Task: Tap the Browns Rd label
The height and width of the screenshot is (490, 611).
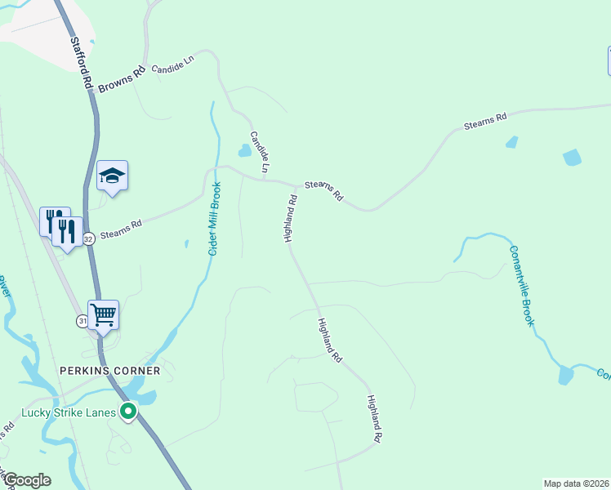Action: pyautogui.click(x=121, y=78)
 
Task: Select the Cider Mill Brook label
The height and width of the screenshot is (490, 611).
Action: pyautogui.click(x=215, y=223)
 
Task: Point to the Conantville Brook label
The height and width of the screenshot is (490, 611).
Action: pyautogui.click(x=522, y=286)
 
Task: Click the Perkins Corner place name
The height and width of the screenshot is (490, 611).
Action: pyautogui.click(x=109, y=370)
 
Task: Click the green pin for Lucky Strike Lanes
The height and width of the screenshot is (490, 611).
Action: pyautogui.click(x=127, y=412)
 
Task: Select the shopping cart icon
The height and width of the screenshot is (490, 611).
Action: pyautogui.click(x=103, y=314)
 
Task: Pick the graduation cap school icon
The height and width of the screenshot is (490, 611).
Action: pyautogui.click(x=113, y=176)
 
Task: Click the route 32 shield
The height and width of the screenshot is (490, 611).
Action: pyautogui.click(x=88, y=238)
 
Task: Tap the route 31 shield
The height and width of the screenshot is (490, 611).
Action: pyautogui.click(x=83, y=321)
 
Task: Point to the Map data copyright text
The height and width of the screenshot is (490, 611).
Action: pyautogui.click(x=576, y=483)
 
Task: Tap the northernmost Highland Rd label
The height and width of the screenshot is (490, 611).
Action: pyautogui.click(x=290, y=218)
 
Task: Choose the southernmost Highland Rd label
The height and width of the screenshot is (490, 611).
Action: pyautogui.click(x=375, y=419)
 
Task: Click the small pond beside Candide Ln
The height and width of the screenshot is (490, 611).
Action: pyautogui.click(x=244, y=150)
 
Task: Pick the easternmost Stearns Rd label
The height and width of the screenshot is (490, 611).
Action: pyautogui.click(x=485, y=121)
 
